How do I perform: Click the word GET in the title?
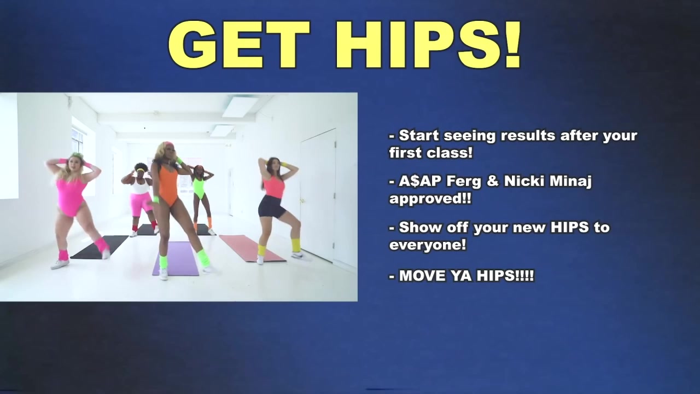[240, 44]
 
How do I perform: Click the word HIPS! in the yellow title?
[429, 44]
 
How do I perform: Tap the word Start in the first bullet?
[419, 135]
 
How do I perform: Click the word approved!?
[430, 199]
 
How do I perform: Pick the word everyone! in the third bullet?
[428, 245]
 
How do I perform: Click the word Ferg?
[463, 182]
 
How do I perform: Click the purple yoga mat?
[177, 258]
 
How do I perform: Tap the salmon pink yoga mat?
[252, 248]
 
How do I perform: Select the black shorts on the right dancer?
[271, 207]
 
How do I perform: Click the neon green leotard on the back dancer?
[199, 188]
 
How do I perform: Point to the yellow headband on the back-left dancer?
[141, 170]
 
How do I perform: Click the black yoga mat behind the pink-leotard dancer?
[100, 247]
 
